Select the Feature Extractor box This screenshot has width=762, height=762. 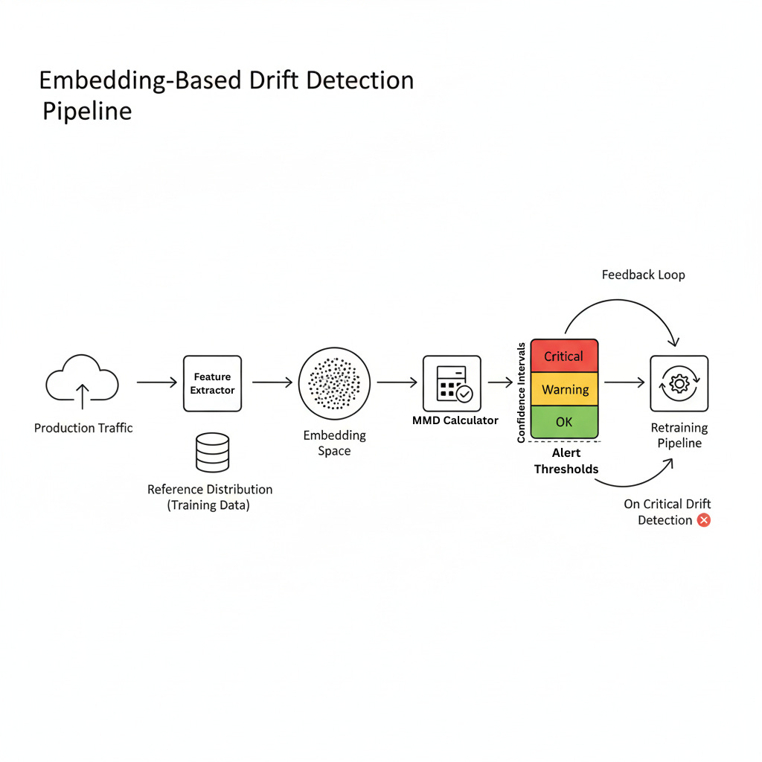coord(212,383)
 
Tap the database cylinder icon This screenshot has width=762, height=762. coord(212,453)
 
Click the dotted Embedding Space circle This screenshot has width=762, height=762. coord(334,383)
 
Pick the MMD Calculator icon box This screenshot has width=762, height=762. coord(452,383)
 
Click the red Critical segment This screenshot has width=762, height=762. coord(564,356)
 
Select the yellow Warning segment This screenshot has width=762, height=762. coord(565,389)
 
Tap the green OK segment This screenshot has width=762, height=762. coord(564,422)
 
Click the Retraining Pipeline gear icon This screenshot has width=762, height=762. coord(679,383)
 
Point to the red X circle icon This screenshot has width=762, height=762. coord(703,520)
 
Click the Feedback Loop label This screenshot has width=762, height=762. coord(643,275)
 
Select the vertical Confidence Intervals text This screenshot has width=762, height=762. coord(522,392)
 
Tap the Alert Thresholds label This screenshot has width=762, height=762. coord(566,461)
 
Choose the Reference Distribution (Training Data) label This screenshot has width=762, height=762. coord(210,497)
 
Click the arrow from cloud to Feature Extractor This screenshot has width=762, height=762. coord(157,382)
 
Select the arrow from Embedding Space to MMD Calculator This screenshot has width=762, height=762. coord(397,382)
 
